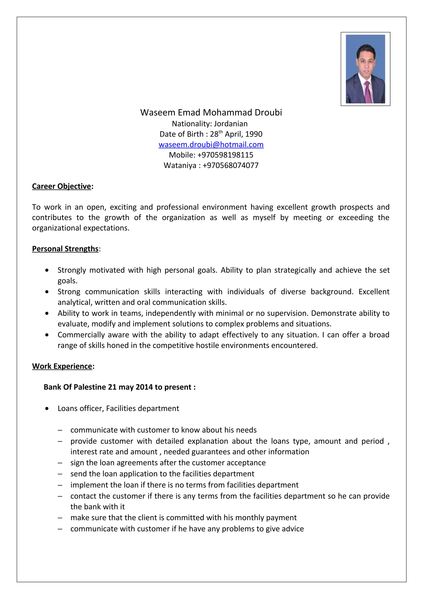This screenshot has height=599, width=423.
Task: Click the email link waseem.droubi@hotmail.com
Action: [211, 144]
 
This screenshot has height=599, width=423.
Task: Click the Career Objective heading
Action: [62, 186]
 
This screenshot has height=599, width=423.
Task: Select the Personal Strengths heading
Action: [65, 249]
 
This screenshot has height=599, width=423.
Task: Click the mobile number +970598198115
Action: [225, 155]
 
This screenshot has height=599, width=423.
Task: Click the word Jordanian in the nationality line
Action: [231, 124]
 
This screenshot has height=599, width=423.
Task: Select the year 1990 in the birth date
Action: [254, 134]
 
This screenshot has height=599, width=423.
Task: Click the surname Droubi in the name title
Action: [268, 112]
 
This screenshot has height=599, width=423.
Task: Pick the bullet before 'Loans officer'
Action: [47, 409]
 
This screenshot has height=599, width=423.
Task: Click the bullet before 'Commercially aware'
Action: [47, 335]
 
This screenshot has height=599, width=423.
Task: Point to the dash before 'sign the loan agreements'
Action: [60, 463]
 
